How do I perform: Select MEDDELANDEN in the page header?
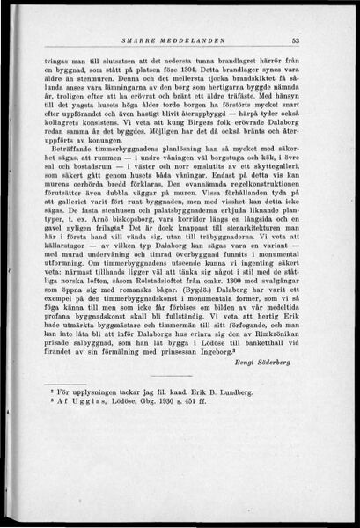211,40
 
